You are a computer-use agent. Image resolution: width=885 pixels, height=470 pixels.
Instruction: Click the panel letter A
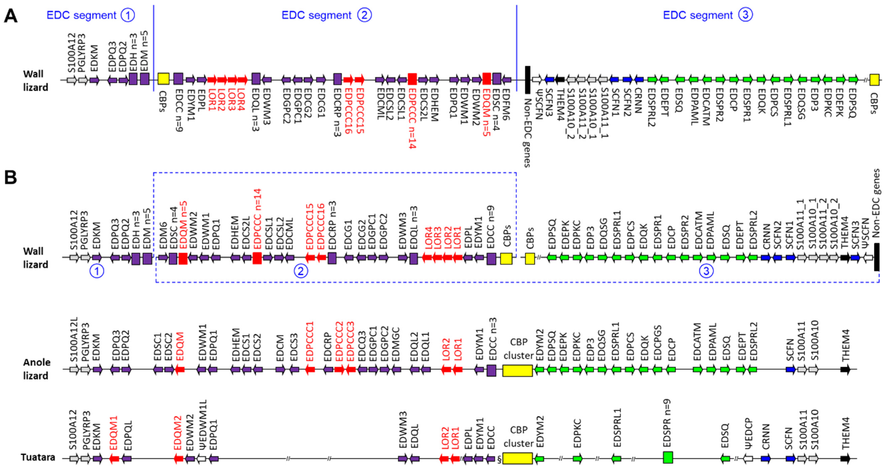click(x=10, y=16)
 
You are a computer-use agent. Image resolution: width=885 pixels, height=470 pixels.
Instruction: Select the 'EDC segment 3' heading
click(x=708, y=15)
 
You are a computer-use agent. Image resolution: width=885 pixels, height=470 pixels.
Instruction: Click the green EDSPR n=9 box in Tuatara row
click(x=668, y=457)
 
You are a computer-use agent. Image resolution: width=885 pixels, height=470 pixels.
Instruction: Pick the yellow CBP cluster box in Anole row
click(x=517, y=371)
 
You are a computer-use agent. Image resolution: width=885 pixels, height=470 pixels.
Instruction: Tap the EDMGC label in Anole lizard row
click(x=396, y=344)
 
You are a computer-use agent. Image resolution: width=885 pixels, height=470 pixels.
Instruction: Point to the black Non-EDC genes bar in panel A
click(x=528, y=80)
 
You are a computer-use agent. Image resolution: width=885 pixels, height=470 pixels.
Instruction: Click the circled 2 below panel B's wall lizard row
click(x=301, y=271)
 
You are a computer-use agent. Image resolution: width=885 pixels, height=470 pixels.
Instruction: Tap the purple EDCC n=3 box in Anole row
click(x=491, y=371)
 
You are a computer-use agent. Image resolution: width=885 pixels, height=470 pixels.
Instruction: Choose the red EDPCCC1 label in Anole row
click(x=310, y=341)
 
